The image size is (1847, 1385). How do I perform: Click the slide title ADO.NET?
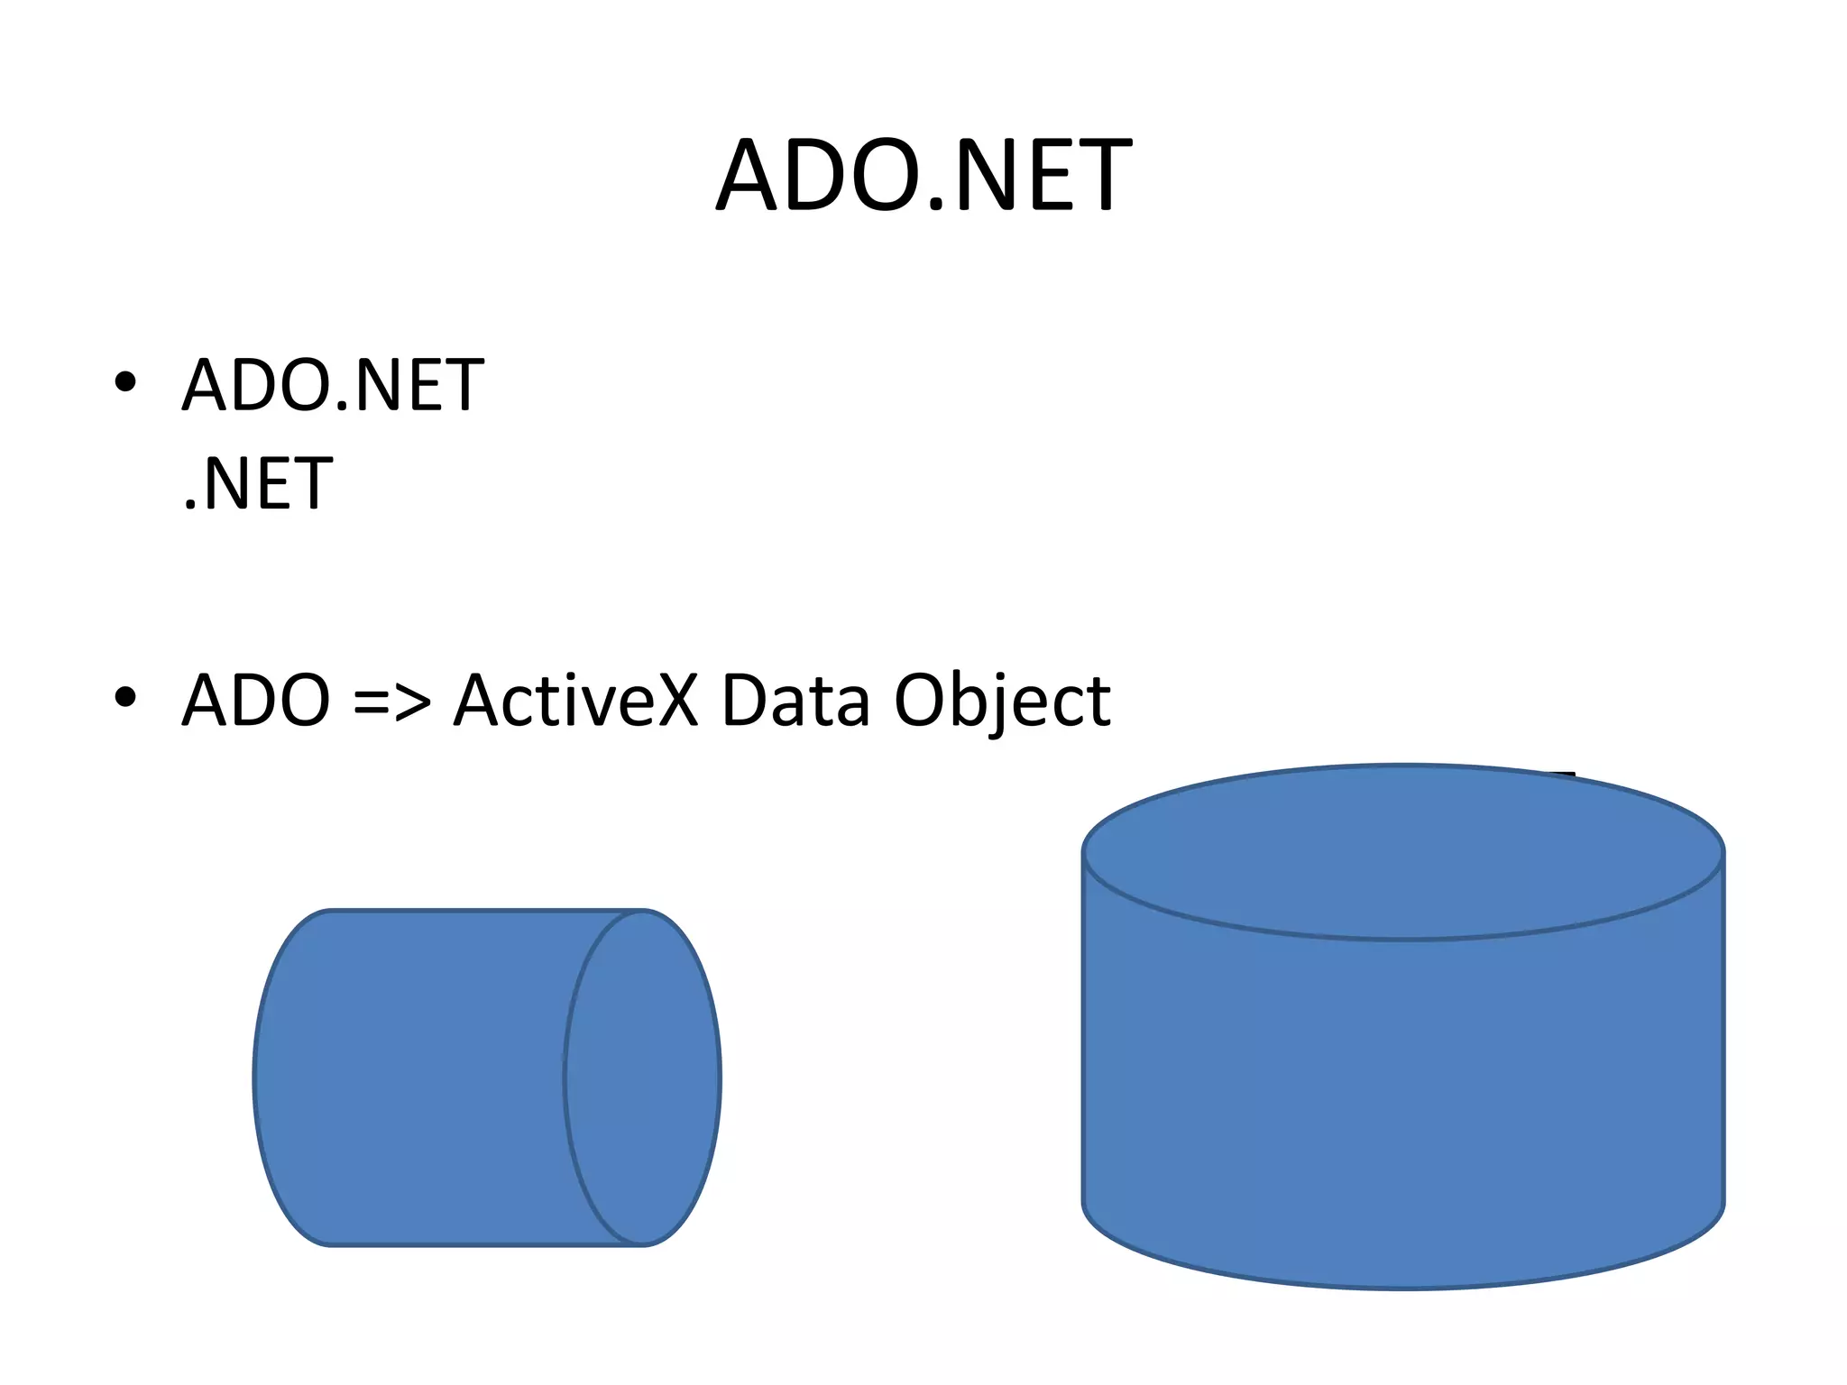[923, 175]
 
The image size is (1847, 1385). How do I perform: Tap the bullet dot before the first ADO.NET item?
[125, 382]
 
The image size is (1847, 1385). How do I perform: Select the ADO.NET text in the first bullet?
[333, 385]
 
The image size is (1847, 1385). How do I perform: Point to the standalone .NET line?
[258, 484]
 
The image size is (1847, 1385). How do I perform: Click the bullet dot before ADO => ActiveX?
[125, 696]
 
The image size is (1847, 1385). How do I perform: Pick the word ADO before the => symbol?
[256, 701]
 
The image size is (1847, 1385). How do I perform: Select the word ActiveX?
[576, 701]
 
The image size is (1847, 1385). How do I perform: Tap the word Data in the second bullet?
[795, 701]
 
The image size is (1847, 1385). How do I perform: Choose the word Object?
[1002, 701]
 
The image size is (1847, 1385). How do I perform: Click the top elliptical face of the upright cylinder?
[1403, 852]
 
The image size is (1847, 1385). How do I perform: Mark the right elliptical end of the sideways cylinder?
[643, 1078]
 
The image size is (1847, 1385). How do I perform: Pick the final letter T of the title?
[1100, 175]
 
